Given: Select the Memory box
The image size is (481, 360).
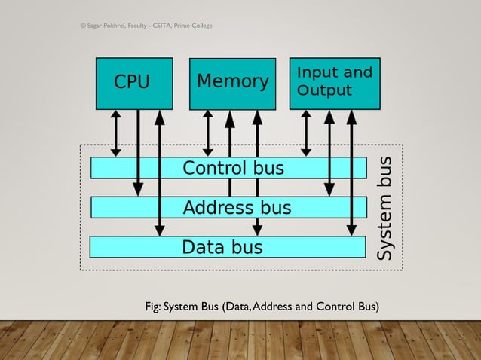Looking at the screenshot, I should (x=232, y=83).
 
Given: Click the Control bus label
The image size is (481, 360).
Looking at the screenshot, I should (x=234, y=168).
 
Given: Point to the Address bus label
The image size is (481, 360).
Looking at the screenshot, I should (x=237, y=207).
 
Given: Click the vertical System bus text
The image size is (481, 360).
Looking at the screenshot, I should (x=385, y=209).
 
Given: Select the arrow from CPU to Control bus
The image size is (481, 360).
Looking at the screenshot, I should (x=115, y=133).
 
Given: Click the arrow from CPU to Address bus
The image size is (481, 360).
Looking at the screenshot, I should (x=137, y=151).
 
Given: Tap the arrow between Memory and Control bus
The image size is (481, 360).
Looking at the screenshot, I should (x=209, y=133).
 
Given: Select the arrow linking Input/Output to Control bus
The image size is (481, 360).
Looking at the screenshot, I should (x=306, y=133).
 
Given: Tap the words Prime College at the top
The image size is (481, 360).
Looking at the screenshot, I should (x=192, y=26).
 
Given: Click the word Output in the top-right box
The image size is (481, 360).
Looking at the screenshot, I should (x=324, y=91).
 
